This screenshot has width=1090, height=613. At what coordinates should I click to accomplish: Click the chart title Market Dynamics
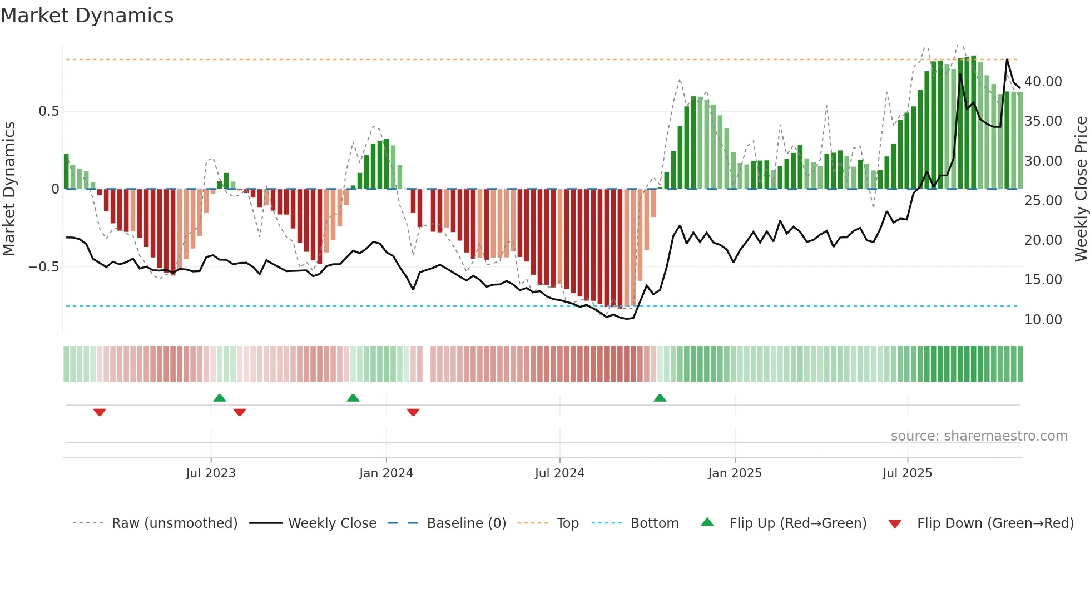87,16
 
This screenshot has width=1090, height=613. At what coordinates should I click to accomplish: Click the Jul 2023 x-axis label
211,473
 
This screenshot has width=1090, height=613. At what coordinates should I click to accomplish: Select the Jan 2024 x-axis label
386,473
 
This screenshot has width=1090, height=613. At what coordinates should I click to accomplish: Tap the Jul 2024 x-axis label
559,473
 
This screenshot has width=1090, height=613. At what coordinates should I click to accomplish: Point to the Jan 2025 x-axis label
735,473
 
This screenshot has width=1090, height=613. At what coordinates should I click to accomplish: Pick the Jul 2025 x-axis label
907,473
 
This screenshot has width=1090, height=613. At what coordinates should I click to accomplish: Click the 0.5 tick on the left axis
48,111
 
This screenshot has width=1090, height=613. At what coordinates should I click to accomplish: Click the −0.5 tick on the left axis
43,267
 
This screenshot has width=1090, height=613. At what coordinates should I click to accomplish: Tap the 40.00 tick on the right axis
1043,82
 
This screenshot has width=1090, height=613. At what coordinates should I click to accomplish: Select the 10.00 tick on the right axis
1043,320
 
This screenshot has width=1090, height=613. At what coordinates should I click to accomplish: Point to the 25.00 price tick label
1043,201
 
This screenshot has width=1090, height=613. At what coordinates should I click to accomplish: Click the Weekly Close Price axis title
1081,189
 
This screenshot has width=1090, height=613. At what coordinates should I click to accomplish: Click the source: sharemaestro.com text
979,436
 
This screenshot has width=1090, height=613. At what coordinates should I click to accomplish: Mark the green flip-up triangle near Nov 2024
660,398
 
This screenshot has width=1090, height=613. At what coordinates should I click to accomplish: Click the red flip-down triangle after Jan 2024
413,412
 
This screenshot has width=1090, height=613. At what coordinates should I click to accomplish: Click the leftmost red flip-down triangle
100,412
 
